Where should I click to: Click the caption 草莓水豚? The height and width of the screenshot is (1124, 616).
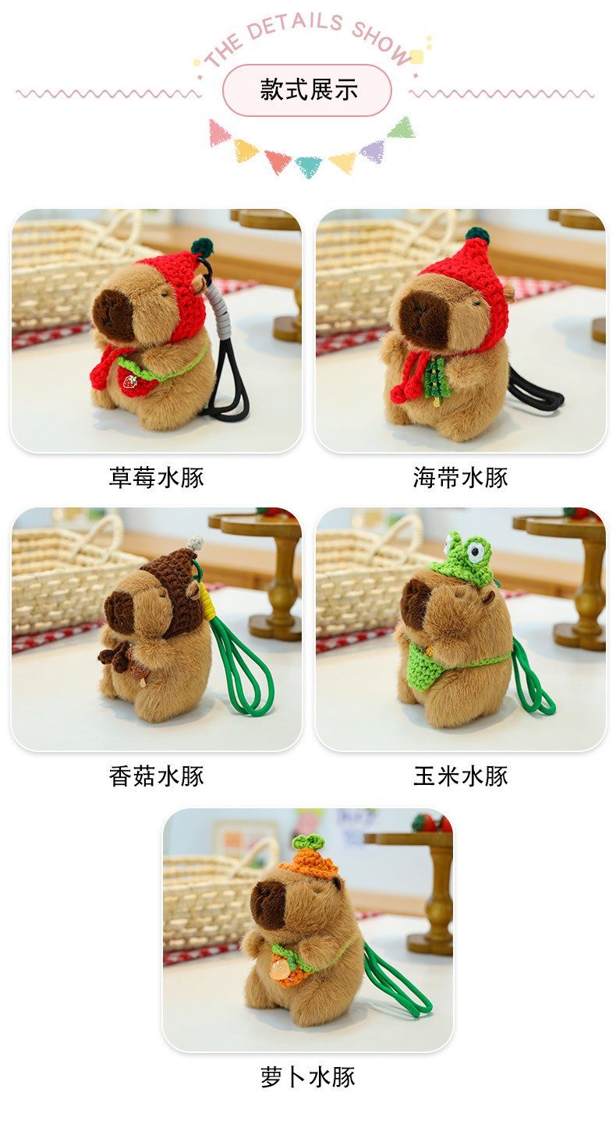(156, 477)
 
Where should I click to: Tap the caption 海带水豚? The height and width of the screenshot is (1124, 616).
(460, 477)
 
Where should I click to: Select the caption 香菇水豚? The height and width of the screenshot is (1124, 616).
(156, 776)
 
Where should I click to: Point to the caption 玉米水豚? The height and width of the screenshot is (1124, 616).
(460, 776)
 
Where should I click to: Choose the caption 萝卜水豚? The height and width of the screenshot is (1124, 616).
(308, 1077)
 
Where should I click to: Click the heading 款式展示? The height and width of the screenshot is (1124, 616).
(308, 90)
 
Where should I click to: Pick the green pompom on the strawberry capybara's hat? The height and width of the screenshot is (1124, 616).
(202, 247)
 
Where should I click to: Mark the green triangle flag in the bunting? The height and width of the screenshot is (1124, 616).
(402, 129)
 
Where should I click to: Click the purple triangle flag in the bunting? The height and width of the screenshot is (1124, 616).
(373, 150)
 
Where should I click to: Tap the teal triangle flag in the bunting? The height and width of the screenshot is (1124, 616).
(308, 164)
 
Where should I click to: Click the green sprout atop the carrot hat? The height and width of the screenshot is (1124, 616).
(306, 841)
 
